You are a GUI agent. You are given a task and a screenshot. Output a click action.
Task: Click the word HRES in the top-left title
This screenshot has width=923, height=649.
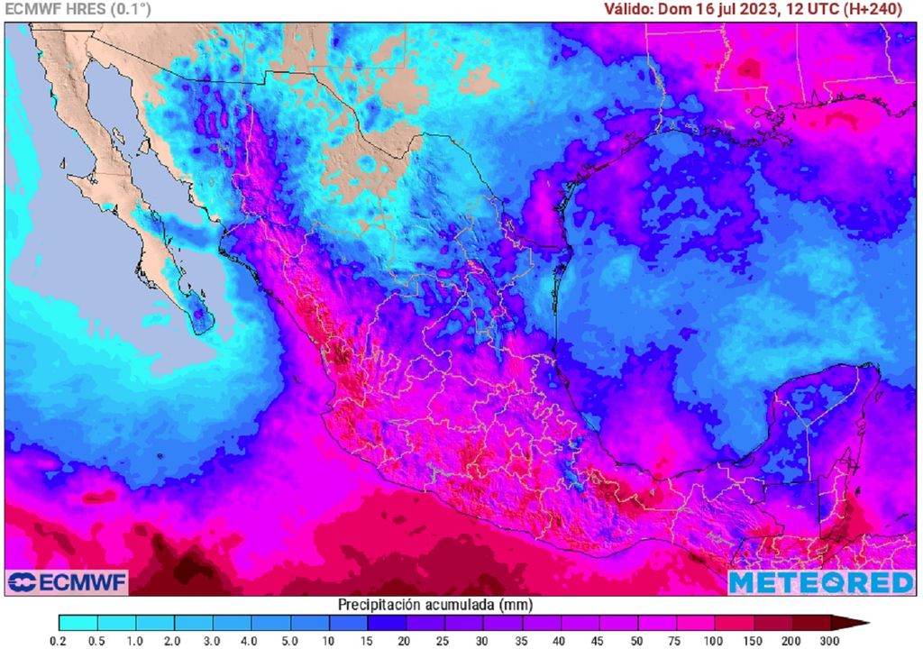click(x=81, y=9)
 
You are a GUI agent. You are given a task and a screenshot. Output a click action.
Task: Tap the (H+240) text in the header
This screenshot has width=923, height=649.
click(x=874, y=9)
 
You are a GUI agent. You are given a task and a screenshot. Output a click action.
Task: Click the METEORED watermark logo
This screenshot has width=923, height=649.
click(x=820, y=582)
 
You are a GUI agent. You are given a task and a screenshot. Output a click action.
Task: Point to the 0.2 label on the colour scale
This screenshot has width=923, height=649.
click(x=59, y=640)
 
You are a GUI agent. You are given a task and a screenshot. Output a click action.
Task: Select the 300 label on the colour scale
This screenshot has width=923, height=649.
click(x=830, y=640)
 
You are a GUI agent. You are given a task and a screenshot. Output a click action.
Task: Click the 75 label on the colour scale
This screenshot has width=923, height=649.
click(x=676, y=640)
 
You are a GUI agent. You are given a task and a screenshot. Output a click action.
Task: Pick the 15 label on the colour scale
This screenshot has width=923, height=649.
click(x=368, y=640)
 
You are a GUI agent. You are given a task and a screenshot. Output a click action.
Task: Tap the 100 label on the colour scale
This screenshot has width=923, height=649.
click(x=714, y=640)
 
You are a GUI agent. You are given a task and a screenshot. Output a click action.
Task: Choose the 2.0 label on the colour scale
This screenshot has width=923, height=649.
click(x=175, y=640)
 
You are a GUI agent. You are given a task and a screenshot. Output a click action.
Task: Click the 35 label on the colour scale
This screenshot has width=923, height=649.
click(x=522, y=640)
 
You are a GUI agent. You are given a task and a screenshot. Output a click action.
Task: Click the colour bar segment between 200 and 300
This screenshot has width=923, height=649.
click(x=810, y=622)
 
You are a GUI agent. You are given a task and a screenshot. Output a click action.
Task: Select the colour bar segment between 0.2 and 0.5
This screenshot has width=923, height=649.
click(x=78, y=622)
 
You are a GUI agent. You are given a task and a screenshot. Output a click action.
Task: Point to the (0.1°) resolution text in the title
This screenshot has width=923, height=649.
click(x=131, y=9)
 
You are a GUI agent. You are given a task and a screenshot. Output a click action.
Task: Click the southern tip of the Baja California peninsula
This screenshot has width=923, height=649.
click(x=201, y=332)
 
